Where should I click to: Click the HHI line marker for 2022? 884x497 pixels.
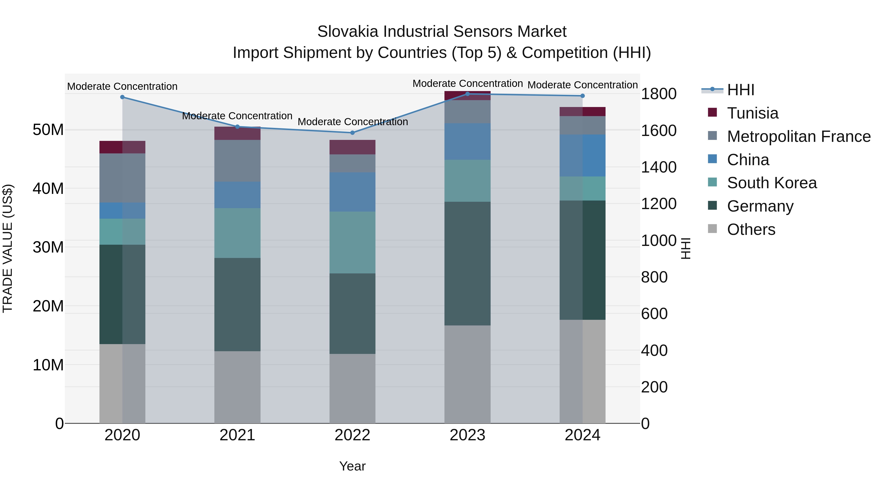[x=352, y=133]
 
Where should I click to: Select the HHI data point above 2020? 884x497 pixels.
[x=123, y=97]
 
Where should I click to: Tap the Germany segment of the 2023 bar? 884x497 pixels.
[x=467, y=263]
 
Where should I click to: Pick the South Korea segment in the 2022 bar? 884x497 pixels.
[x=352, y=242]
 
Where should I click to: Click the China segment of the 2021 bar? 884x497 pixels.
[x=237, y=195]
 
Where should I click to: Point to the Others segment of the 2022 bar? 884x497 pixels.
[x=352, y=388]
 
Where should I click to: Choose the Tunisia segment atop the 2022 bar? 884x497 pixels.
[x=352, y=147]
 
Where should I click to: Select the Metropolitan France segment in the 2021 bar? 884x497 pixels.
[x=237, y=161]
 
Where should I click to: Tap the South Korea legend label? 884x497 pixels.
[x=772, y=183]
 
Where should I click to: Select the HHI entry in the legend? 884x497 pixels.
[x=741, y=90]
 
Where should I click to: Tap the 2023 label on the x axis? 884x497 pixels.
[x=467, y=435]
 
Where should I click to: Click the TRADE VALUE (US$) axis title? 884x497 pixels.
[x=8, y=248]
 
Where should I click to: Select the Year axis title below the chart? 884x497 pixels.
[x=352, y=466]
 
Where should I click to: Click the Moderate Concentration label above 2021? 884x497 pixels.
[x=237, y=116]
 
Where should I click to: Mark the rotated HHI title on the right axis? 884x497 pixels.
[x=685, y=248]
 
